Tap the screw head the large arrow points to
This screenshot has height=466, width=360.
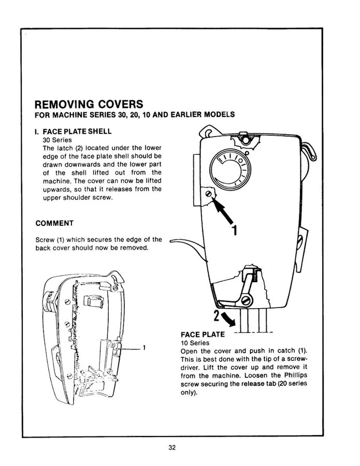[208, 193]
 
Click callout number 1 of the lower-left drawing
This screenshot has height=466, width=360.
[145, 347]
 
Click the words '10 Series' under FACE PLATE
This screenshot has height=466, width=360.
[195, 343]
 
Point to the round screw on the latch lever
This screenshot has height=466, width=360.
[247, 299]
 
